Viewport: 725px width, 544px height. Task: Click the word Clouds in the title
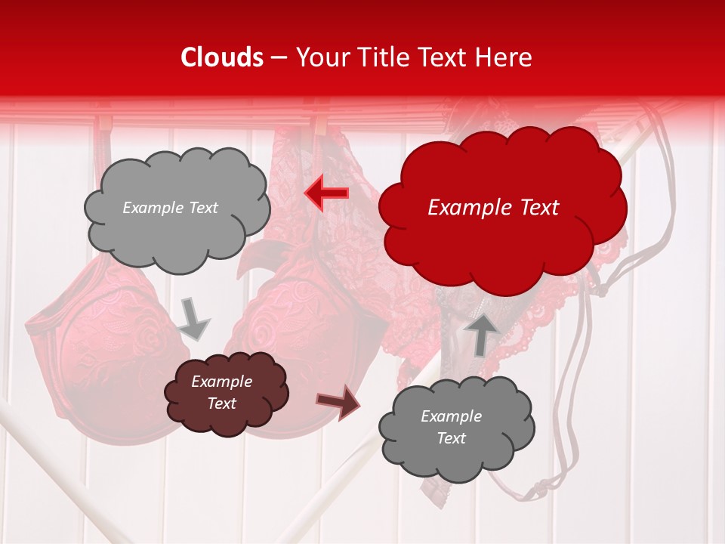point(222,57)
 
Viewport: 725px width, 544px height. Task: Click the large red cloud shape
point(501,227)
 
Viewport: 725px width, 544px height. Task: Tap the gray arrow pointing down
point(194,318)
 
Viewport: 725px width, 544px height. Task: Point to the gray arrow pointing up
point(481,332)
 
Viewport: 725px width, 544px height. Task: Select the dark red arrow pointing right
point(338,403)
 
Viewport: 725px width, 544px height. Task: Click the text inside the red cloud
point(493,208)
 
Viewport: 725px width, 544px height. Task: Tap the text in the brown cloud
point(221,392)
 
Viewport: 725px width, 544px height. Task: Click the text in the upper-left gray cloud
point(170,208)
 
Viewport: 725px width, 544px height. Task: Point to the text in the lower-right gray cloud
point(451,427)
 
